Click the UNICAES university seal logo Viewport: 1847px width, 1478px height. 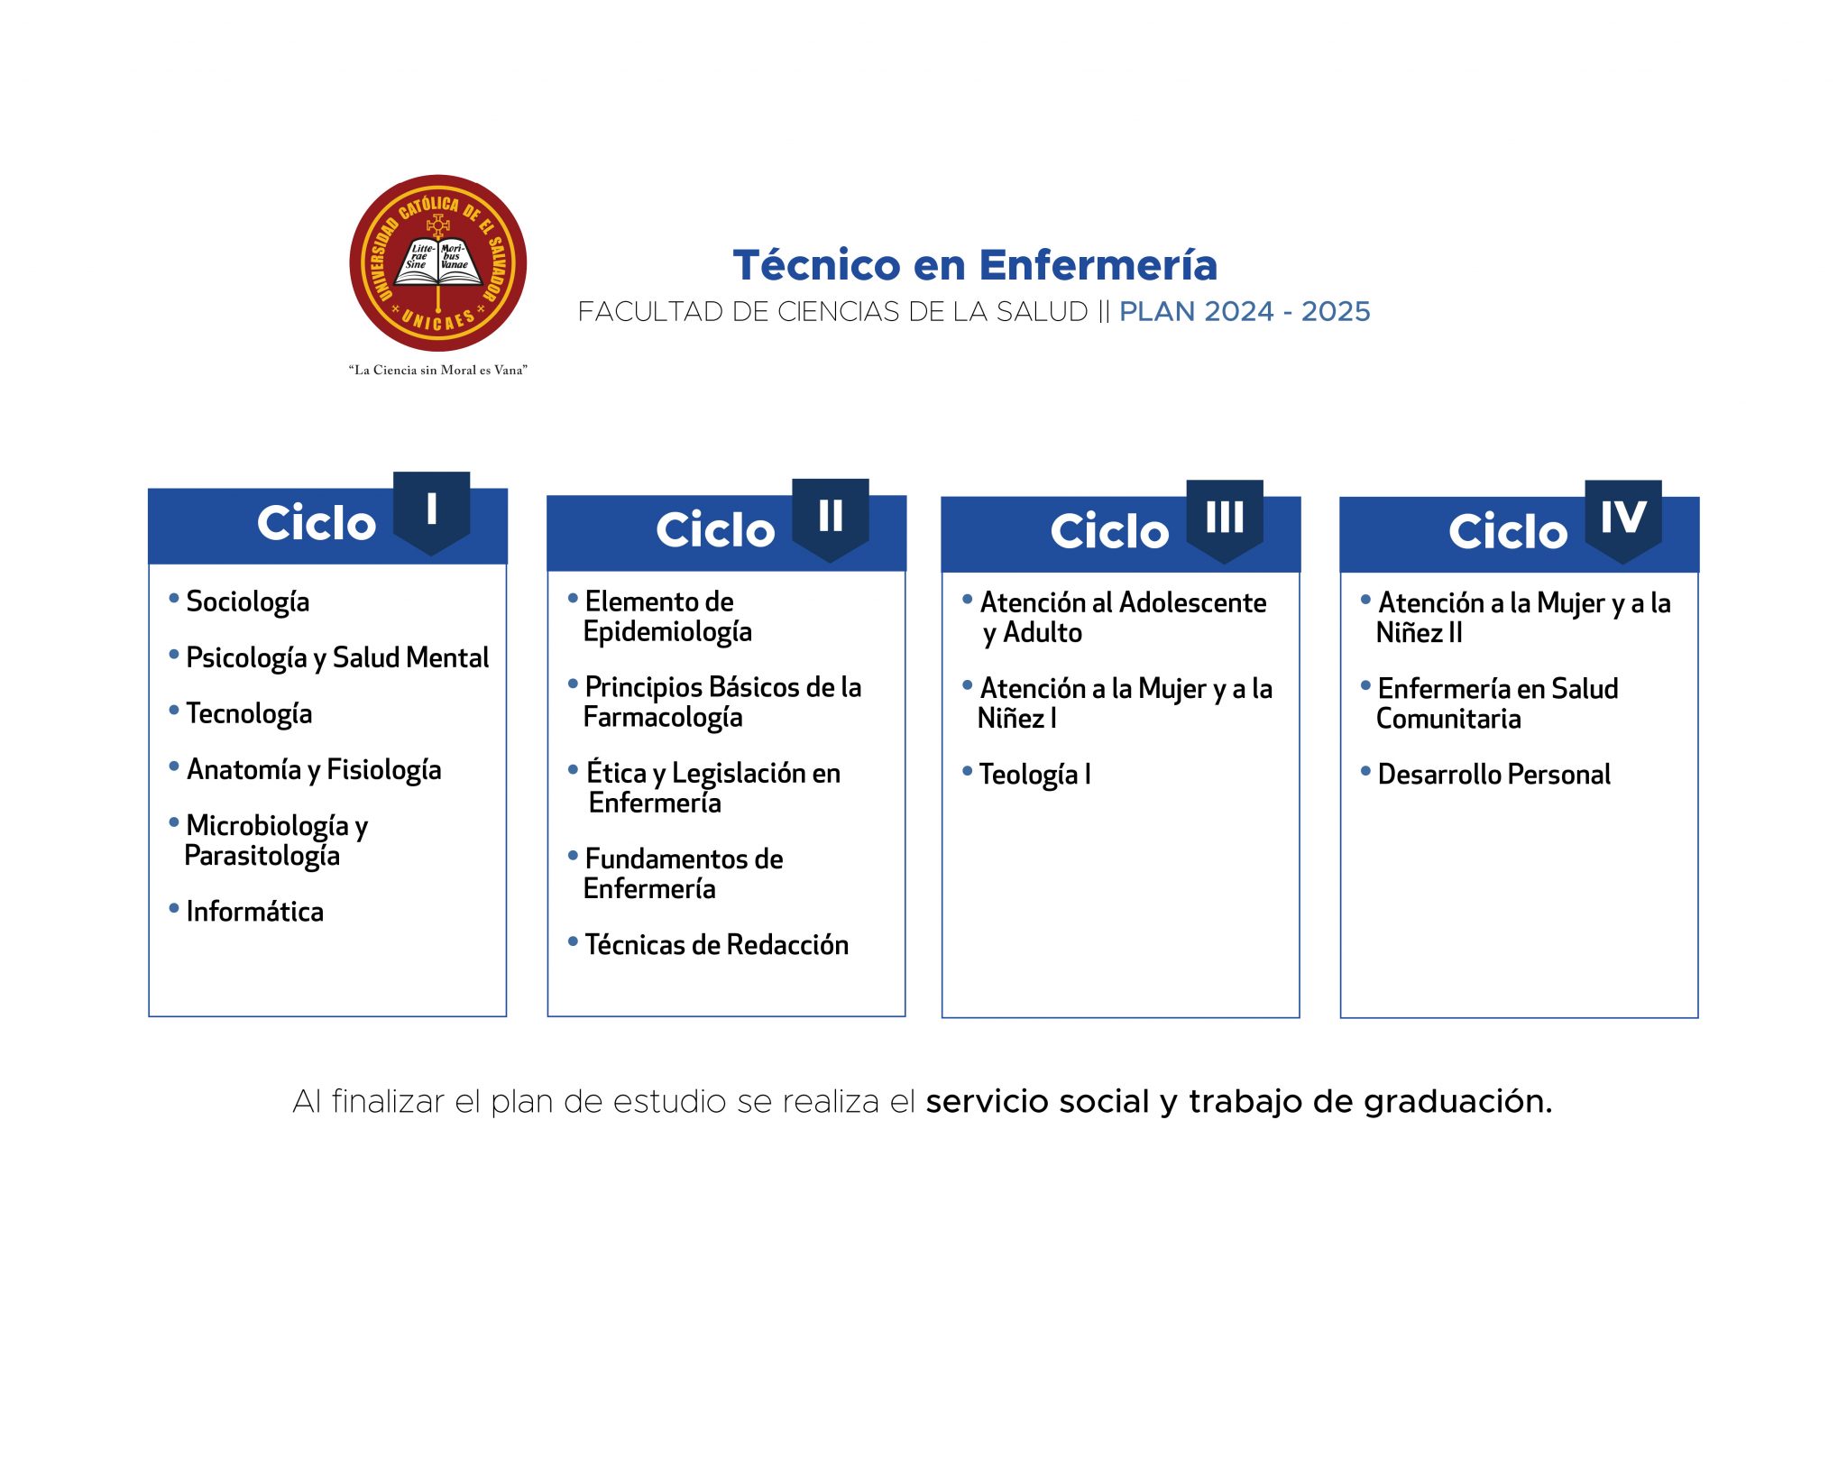437,263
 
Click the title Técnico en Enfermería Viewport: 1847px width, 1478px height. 975,265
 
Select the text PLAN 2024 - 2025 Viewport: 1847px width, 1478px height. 1245,312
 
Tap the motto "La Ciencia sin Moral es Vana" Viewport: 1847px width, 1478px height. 437,370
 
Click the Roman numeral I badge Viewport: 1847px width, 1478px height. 432,512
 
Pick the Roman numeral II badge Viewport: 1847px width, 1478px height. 831,519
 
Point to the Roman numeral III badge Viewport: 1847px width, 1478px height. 1225,520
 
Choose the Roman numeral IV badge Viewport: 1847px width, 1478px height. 1623,520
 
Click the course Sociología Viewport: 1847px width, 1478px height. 247,602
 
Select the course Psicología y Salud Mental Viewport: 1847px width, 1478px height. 337,658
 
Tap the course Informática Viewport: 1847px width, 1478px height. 254,912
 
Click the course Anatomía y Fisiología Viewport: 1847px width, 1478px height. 314,770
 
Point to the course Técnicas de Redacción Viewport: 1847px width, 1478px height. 717,945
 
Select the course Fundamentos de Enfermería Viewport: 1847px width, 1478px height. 684,874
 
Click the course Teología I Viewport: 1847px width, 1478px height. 1035,775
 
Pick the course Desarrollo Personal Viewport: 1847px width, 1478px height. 1494,775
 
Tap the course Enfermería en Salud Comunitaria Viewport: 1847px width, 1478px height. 1497,704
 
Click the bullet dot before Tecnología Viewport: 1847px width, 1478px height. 174,711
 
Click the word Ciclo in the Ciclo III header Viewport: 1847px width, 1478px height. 1109,531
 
